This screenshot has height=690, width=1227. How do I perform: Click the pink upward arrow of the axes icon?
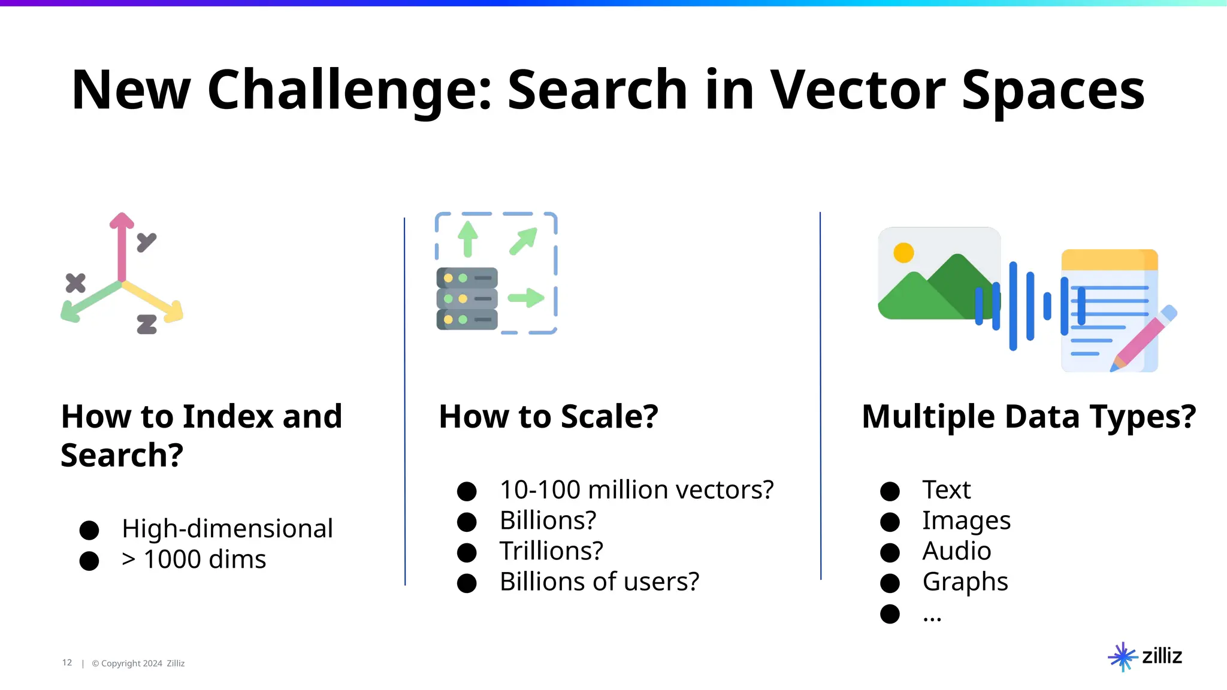pyautogui.click(x=122, y=246)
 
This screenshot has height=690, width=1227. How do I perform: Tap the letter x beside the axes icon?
pyautogui.click(x=75, y=283)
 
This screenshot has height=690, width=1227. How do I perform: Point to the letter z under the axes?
pyautogui.click(x=147, y=324)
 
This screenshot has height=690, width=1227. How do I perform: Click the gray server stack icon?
pyautogui.click(x=467, y=298)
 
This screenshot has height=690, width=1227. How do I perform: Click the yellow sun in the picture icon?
pyautogui.click(x=903, y=253)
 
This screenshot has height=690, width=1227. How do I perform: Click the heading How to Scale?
pyautogui.click(x=548, y=416)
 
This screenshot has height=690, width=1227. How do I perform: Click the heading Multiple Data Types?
pyautogui.click(x=1028, y=416)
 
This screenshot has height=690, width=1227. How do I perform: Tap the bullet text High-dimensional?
pyautogui.click(x=227, y=528)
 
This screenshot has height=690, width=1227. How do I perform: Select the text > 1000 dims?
pyautogui.click(x=194, y=559)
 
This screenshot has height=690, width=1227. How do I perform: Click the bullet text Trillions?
pyautogui.click(x=551, y=551)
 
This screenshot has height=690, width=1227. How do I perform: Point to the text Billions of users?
pyautogui.click(x=599, y=582)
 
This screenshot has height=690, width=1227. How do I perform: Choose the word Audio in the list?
pyautogui.click(x=956, y=551)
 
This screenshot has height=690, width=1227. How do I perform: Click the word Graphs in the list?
pyautogui.click(x=965, y=582)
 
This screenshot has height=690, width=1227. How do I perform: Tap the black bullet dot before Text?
pyautogui.click(x=890, y=491)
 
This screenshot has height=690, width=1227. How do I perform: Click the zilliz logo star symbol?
pyautogui.click(x=1122, y=657)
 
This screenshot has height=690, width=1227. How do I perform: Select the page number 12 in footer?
pyautogui.click(x=67, y=662)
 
